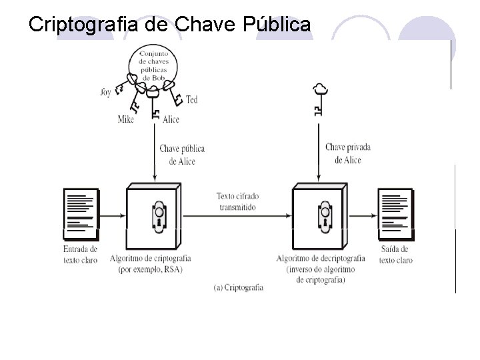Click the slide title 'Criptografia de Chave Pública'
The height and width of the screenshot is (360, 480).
point(170,25)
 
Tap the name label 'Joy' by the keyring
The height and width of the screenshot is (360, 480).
point(105,91)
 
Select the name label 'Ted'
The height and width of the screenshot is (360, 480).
point(191,100)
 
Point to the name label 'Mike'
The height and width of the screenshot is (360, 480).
point(125,119)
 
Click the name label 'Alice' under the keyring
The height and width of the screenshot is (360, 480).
point(171,119)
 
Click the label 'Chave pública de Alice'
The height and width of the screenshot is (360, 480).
point(181,154)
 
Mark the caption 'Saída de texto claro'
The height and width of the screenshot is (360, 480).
point(396,254)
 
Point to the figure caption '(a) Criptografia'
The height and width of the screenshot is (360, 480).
point(239,287)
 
